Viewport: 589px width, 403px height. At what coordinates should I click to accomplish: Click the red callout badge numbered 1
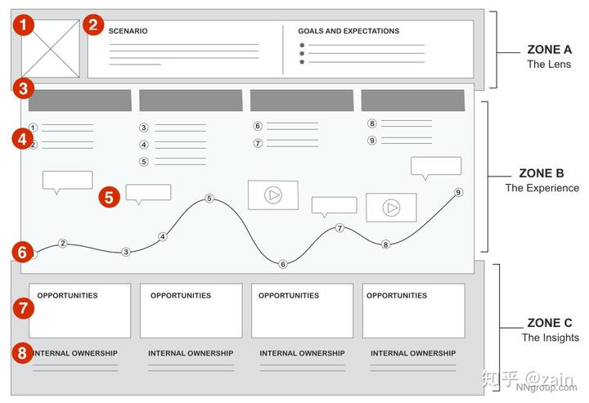[25, 25]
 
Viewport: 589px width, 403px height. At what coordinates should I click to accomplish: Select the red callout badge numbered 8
[24, 354]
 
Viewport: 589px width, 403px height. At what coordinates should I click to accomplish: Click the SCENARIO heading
[128, 31]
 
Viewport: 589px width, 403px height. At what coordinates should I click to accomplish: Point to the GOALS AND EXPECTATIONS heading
[348, 31]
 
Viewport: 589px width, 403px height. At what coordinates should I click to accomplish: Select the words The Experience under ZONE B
[542, 188]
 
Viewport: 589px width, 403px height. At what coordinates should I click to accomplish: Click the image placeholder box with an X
[50, 49]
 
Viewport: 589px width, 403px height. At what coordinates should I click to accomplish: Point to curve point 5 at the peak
[209, 199]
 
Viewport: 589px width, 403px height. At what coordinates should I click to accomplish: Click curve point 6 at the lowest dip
[283, 264]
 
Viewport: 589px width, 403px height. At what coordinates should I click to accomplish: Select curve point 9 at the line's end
[459, 192]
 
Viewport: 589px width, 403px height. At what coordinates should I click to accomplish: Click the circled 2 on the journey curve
[62, 243]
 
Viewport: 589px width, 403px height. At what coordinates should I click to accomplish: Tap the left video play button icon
[273, 195]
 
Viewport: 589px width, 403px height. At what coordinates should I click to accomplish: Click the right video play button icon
[392, 208]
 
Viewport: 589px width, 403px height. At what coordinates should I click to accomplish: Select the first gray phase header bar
[79, 101]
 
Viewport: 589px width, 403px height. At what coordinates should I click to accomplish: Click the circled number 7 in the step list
[258, 143]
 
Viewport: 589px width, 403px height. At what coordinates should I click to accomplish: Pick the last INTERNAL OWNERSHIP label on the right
[413, 353]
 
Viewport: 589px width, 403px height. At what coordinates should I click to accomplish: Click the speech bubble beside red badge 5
[148, 194]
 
